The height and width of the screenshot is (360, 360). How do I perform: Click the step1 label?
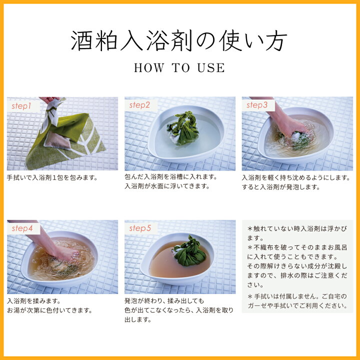[x=21, y=106]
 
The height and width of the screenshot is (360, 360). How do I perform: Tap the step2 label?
[x=139, y=105]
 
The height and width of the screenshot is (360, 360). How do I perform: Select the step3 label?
[x=257, y=105]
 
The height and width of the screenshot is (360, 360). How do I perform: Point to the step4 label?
[x=22, y=228]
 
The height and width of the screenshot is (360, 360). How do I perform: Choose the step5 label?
[x=140, y=228]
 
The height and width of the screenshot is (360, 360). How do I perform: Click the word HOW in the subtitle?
[x=149, y=68]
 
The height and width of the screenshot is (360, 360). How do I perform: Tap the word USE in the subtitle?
[x=211, y=68]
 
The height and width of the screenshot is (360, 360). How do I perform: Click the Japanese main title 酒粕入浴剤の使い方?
[x=179, y=40]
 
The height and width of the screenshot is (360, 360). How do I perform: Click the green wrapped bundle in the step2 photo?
[x=183, y=128]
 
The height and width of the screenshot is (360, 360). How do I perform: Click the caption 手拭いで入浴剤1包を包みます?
[x=52, y=177]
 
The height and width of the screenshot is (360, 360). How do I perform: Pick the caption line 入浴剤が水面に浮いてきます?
[x=167, y=186]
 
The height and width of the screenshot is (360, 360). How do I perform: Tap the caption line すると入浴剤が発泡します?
[x=281, y=187]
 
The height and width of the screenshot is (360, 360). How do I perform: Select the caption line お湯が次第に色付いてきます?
[x=49, y=310]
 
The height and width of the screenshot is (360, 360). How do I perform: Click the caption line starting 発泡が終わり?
[x=164, y=301]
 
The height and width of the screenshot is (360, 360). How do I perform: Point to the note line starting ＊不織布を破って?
[x=297, y=247]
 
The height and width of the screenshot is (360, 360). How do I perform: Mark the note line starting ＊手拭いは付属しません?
[x=297, y=296]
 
